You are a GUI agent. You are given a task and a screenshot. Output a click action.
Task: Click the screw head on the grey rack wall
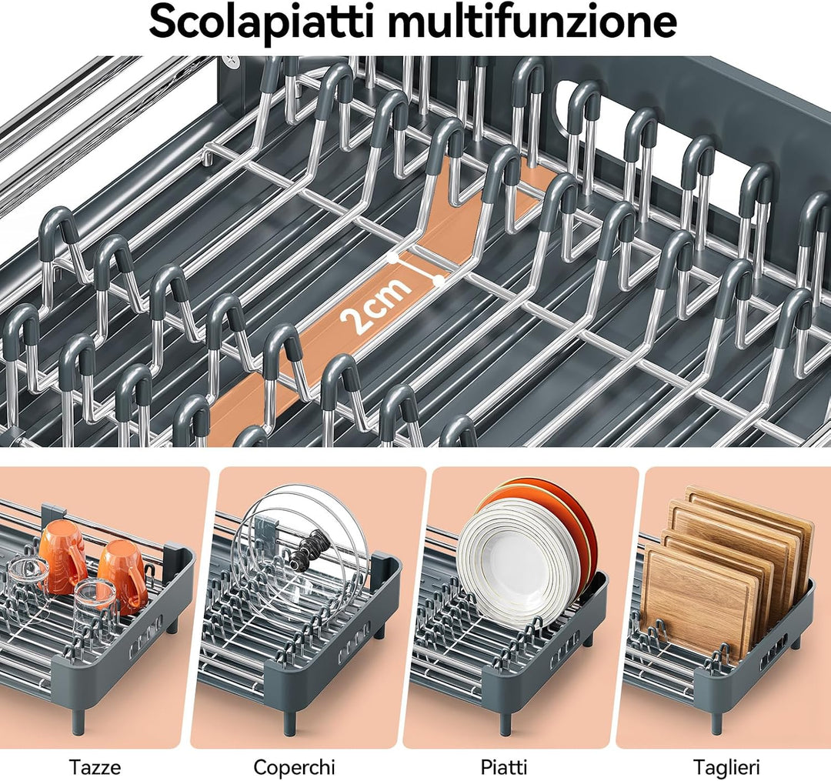tap(232, 62)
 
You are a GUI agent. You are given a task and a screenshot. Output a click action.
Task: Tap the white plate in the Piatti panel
tap(508, 562)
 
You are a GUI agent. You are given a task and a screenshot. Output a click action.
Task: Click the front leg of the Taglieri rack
tap(716, 719)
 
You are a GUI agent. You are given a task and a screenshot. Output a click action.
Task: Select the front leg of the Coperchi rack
tap(289, 720)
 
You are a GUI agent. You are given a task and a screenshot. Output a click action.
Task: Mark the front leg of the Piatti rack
tap(505, 720)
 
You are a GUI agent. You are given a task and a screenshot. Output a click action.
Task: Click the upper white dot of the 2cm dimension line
tap(392, 258)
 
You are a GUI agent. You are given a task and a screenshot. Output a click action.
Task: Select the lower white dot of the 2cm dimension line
tap(439, 280)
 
